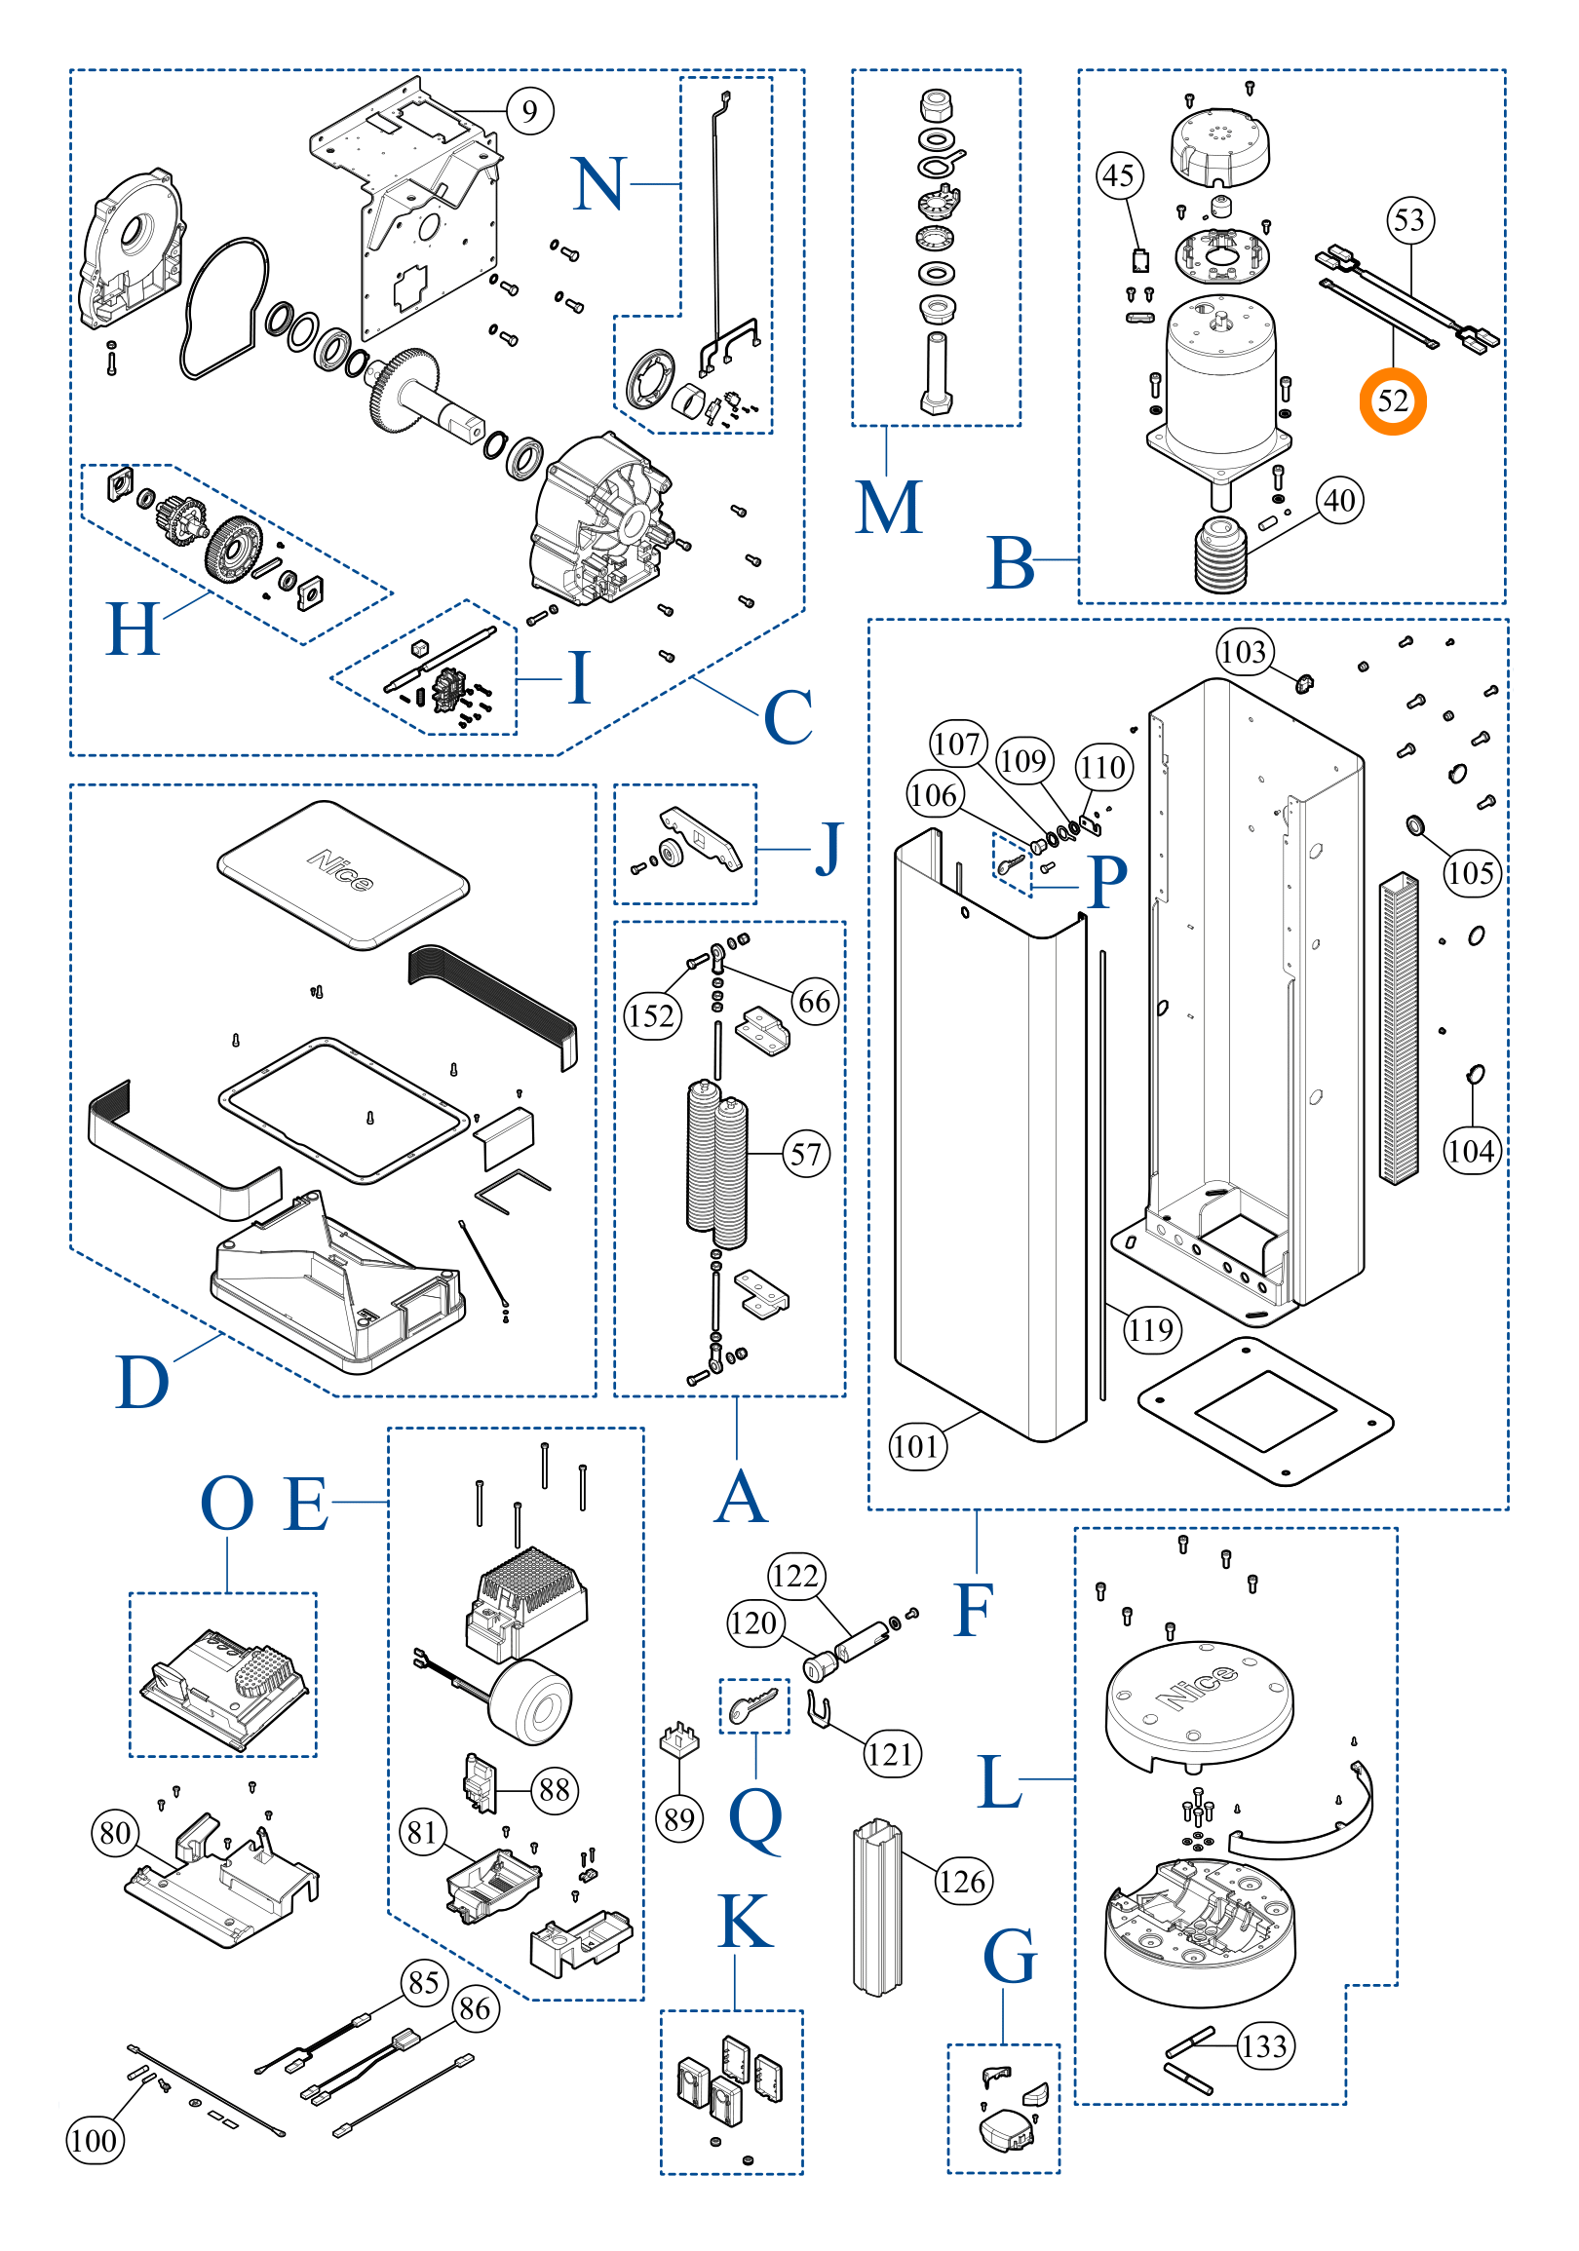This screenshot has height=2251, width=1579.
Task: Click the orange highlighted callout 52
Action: click(1392, 401)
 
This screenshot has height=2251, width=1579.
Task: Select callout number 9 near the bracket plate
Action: click(529, 111)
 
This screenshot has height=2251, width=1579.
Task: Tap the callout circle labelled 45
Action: click(1119, 176)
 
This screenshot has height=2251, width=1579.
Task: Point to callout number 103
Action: click(1245, 652)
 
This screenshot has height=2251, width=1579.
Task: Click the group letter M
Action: click(889, 508)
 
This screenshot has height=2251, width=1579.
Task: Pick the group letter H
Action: click(133, 630)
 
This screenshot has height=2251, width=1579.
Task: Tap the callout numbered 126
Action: click(963, 1881)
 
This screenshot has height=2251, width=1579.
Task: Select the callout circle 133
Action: click(1264, 2045)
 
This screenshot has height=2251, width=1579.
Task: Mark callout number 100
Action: click(96, 2139)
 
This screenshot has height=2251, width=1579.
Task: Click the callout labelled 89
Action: click(678, 1819)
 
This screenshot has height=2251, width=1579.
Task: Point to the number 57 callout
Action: click(806, 1154)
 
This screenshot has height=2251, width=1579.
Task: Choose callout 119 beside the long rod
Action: click(1151, 1329)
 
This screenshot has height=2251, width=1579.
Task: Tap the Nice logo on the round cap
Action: click(1198, 1686)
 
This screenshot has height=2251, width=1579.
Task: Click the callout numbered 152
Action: click(652, 1015)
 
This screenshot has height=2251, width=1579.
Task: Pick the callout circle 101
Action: click(917, 1446)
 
